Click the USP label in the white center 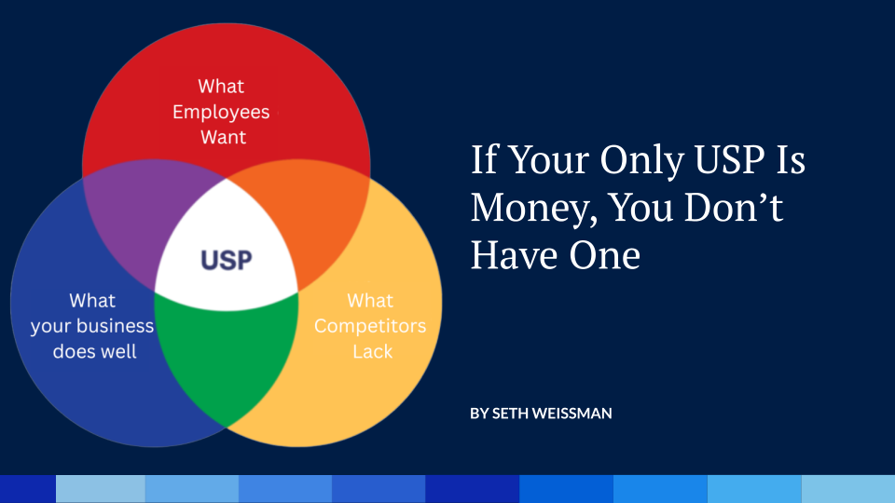[x=226, y=259]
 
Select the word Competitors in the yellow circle [x=370, y=326]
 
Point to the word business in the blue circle [x=116, y=326]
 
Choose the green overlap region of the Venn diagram [x=224, y=354]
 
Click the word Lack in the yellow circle [x=372, y=352]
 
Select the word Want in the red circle [x=224, y=137]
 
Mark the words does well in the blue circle [x=94, y=352]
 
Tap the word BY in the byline [x=479, y=413]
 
